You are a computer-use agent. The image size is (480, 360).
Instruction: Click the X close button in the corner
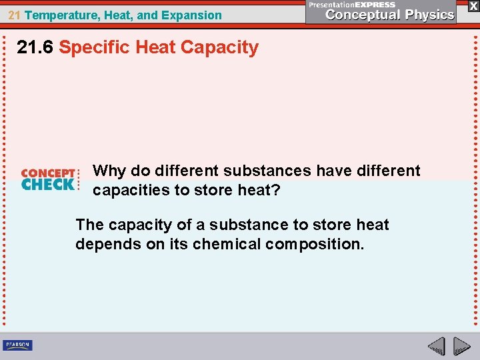coord(473,5)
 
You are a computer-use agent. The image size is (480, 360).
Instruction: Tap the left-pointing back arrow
coord(436,346)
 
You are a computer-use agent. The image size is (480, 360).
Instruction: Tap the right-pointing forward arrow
coord(461,346)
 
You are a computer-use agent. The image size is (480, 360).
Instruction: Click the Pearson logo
coord(17,345)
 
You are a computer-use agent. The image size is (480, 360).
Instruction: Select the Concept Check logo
coord(49,179)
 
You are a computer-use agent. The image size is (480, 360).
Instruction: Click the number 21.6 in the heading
coord(35,47)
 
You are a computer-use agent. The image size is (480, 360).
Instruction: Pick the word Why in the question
coord(109,171)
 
